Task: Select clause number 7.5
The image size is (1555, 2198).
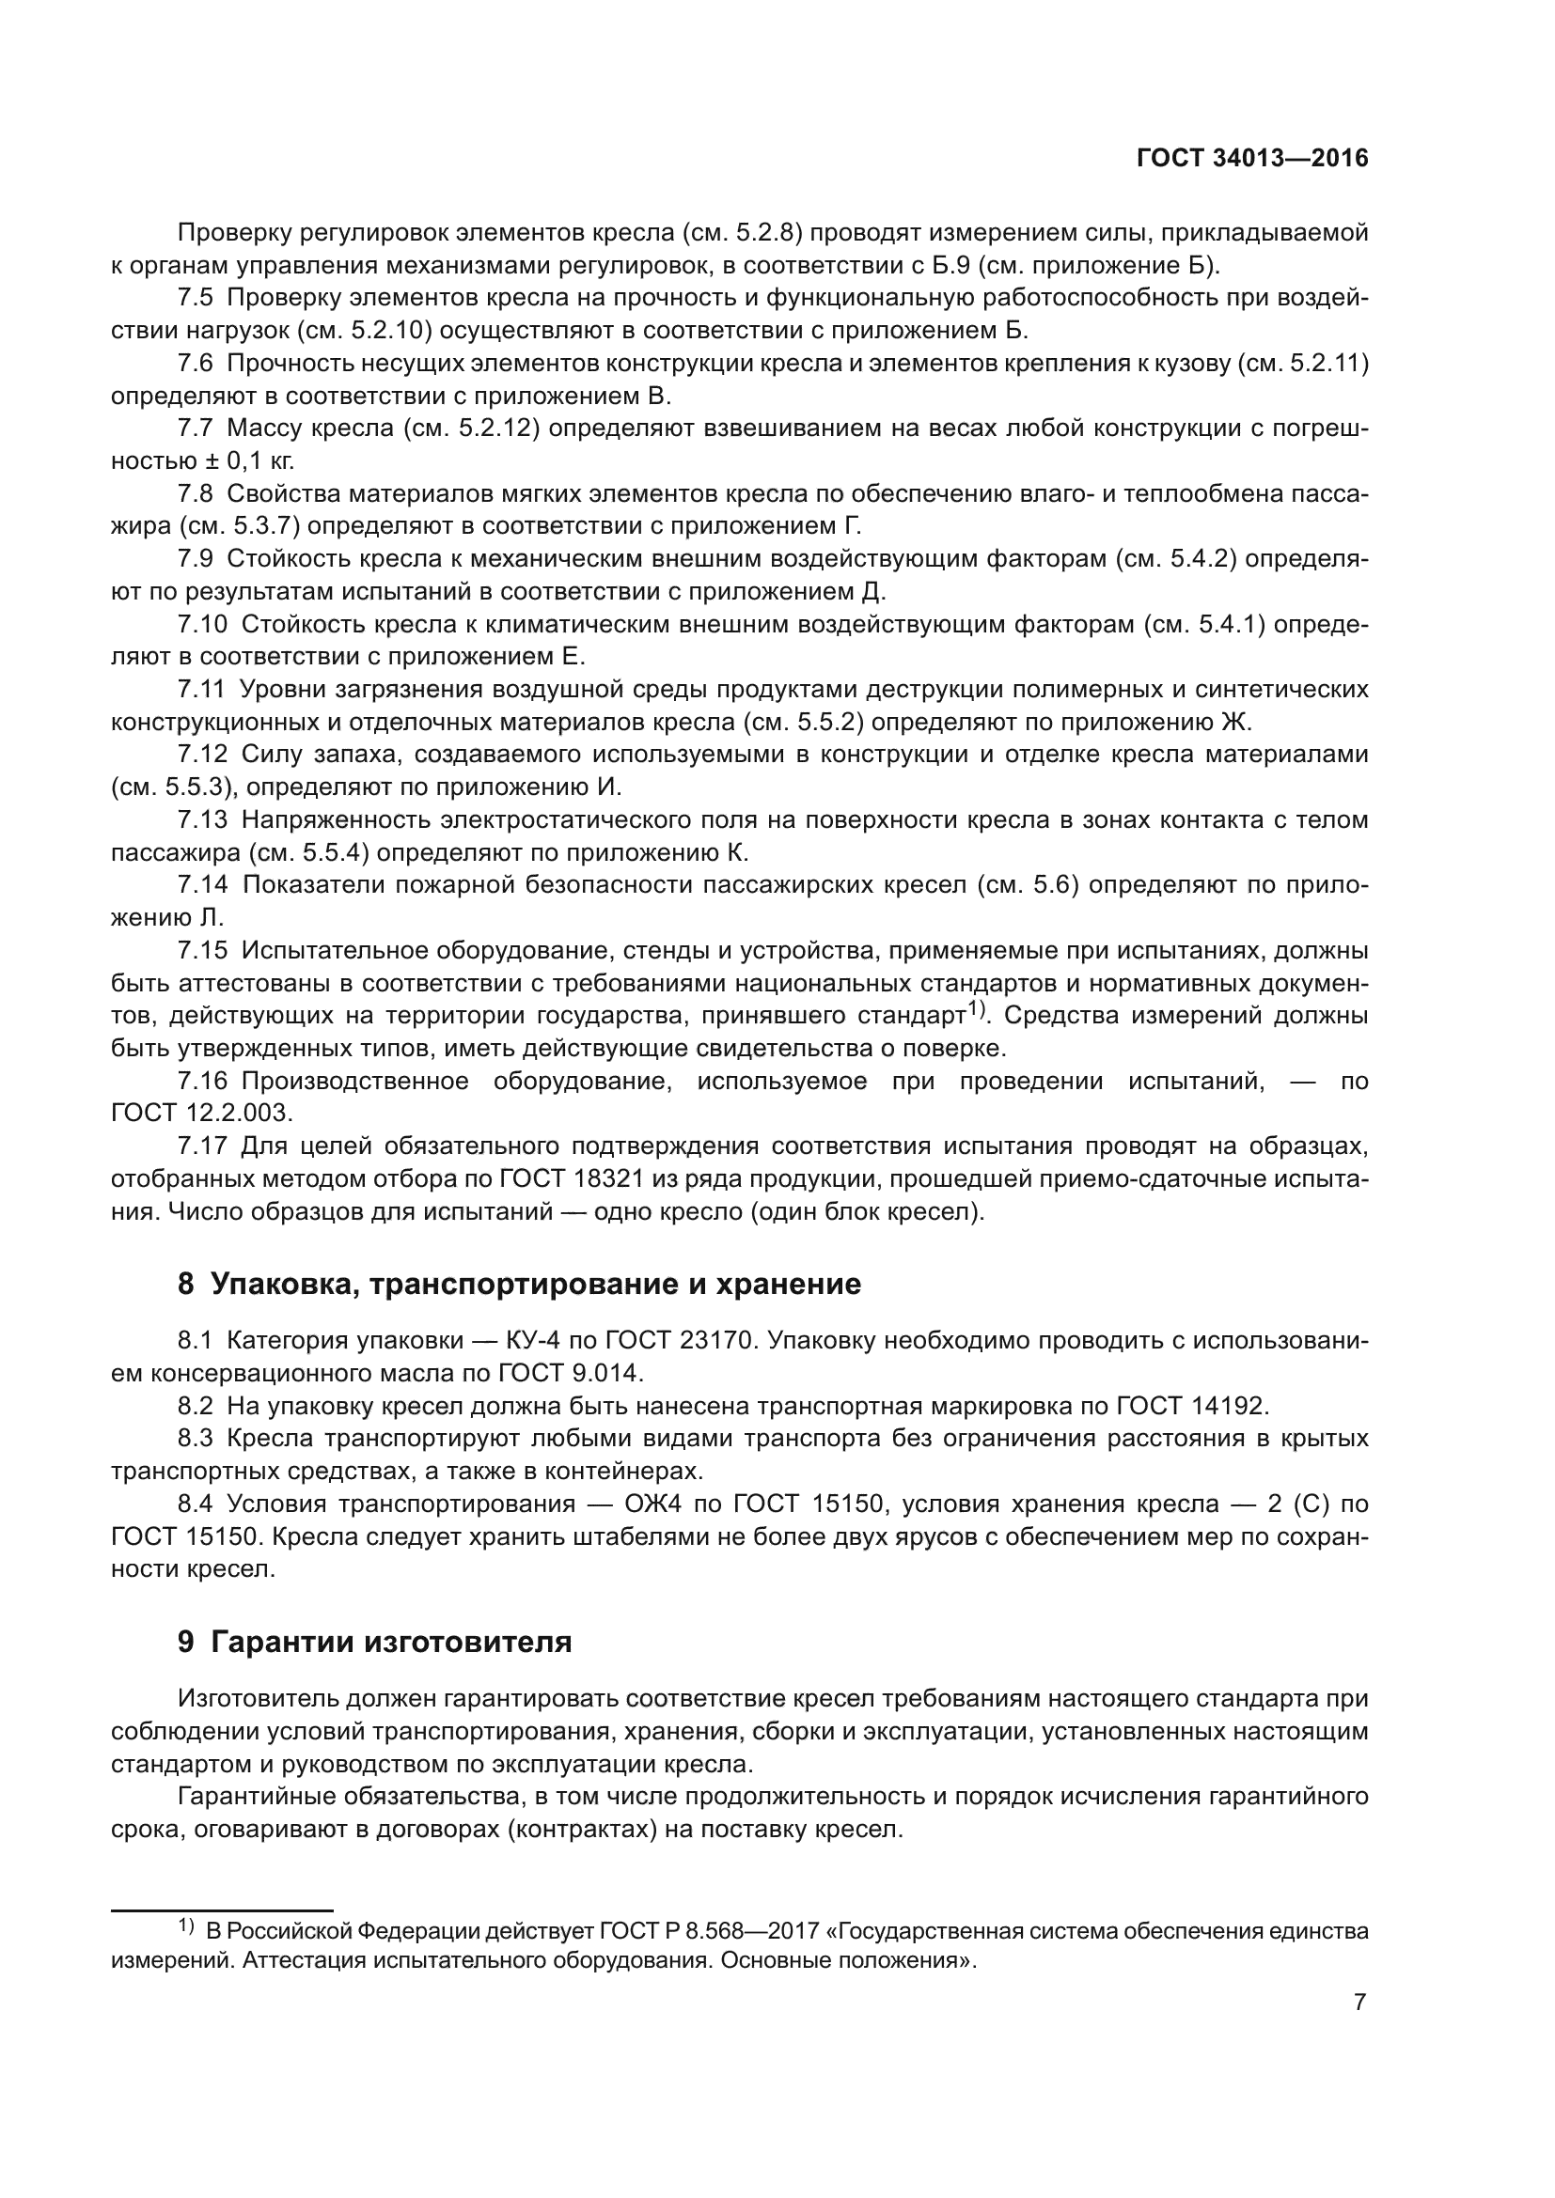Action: (196, 298)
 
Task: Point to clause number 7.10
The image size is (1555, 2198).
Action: (202, 624)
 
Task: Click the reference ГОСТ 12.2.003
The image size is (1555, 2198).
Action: (200, 1113)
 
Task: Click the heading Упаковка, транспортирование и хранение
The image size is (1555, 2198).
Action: (535, 1284)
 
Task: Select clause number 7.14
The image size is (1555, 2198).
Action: (202, 884)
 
